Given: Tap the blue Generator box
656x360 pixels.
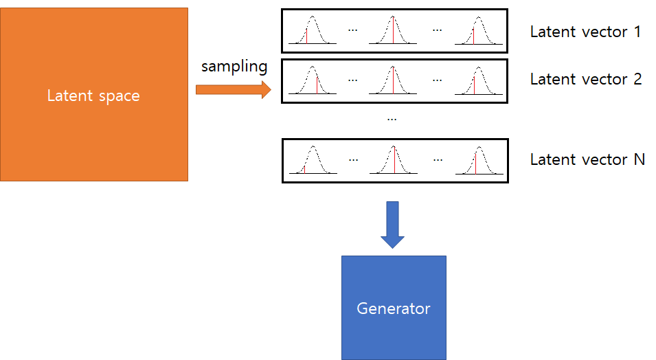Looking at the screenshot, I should pos(394,282).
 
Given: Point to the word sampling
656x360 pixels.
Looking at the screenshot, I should pos(234,67).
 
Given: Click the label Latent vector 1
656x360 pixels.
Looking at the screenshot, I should pos(585,32).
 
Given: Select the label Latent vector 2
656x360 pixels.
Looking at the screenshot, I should pos(585,79).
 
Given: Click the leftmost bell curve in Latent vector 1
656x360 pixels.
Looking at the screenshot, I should pos(313,31).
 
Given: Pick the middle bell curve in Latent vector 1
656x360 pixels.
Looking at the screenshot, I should pos(393,31).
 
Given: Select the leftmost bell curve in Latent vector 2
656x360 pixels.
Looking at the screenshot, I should pos(313,80).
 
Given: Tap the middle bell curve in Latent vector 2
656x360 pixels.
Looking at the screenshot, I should pos(393,80).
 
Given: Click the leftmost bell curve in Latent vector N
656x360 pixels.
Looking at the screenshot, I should pos(313,160).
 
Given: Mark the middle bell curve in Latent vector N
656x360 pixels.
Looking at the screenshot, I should pos(393,160).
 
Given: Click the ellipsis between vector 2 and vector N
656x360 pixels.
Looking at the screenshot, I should pos(392,119).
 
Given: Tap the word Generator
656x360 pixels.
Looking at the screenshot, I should pos(394,308).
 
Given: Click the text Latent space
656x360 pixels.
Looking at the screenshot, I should pos(93,95).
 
